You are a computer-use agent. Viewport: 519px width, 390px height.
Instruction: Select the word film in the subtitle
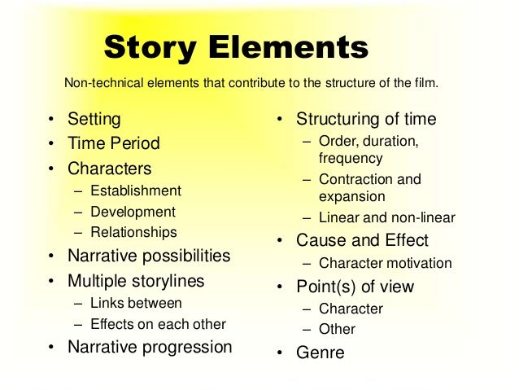(425, 83)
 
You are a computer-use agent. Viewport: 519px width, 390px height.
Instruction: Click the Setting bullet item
(94, 119)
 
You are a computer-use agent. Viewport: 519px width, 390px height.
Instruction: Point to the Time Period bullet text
(113, 143)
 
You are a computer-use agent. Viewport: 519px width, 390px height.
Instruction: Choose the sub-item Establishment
(136, 191)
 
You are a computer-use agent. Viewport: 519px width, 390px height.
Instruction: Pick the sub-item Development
(133, 212)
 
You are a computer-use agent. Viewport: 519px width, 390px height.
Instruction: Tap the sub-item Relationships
(133, 232)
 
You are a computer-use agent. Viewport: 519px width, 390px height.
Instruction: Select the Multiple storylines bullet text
(136, 281)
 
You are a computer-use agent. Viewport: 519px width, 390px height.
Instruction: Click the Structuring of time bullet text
(366, 119)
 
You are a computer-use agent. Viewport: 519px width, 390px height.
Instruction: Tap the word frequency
(351, 158)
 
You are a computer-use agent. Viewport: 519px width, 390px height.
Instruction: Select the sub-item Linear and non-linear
(386, 217)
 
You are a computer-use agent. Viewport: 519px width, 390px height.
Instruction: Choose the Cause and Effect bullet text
(362, 240)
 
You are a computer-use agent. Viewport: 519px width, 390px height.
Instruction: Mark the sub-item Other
(337, 329)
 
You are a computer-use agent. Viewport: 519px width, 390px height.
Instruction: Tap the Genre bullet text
(320, 353)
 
